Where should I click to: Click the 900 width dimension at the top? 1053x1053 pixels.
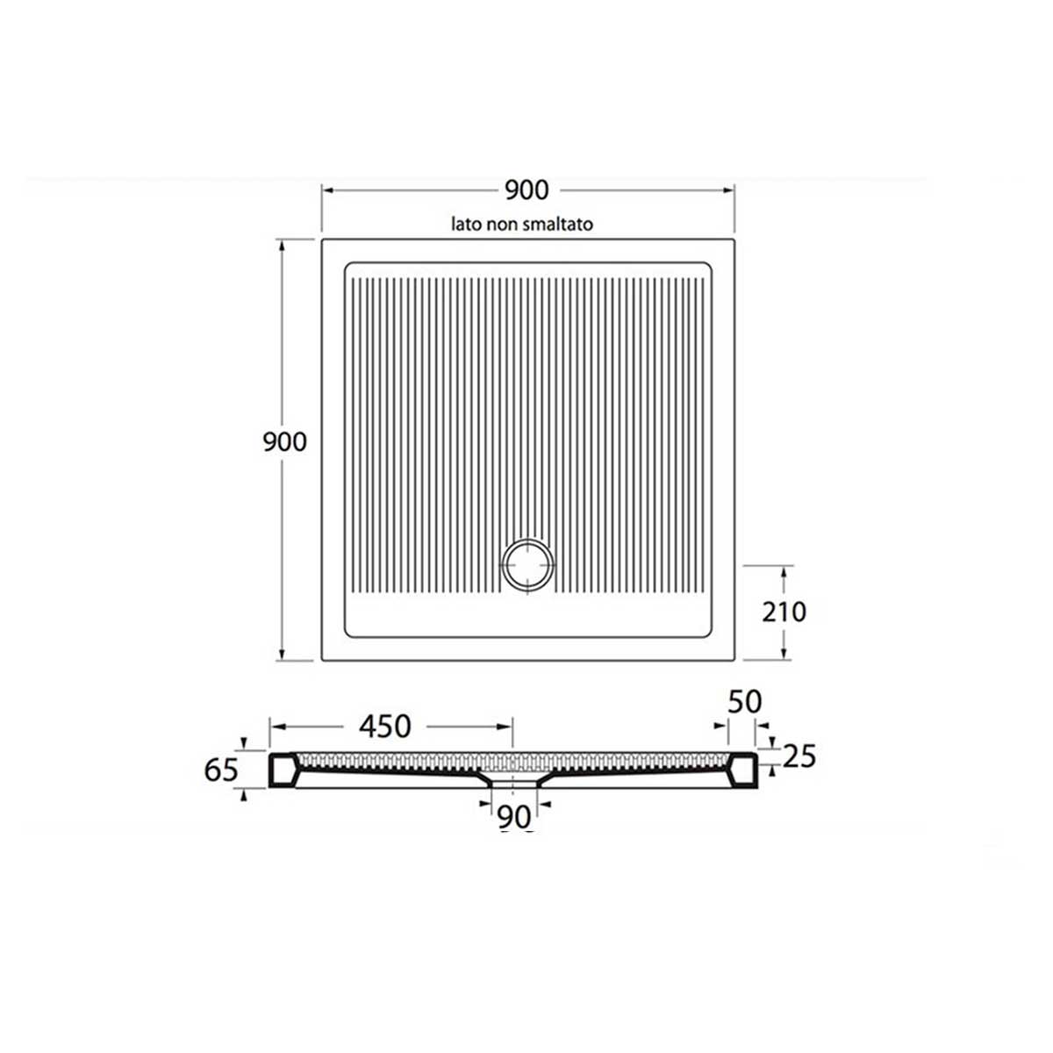tap(526, 190)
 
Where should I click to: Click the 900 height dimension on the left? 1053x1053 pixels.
tap(284, 441)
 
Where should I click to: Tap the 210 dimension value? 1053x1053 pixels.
tap(784, 612)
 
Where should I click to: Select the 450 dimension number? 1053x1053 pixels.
tap(385, 727)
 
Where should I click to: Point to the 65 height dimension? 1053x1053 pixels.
tap(221, 770)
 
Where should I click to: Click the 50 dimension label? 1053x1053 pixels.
tap(744, 702)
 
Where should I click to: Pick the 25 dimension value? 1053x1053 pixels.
tap(799, 756)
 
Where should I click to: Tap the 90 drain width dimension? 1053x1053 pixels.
tap(515, 818)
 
